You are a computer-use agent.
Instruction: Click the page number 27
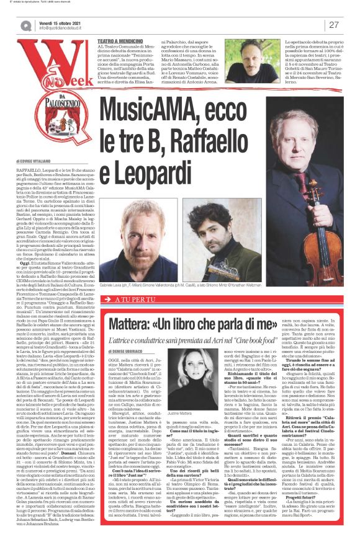(x=333, y=25)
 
